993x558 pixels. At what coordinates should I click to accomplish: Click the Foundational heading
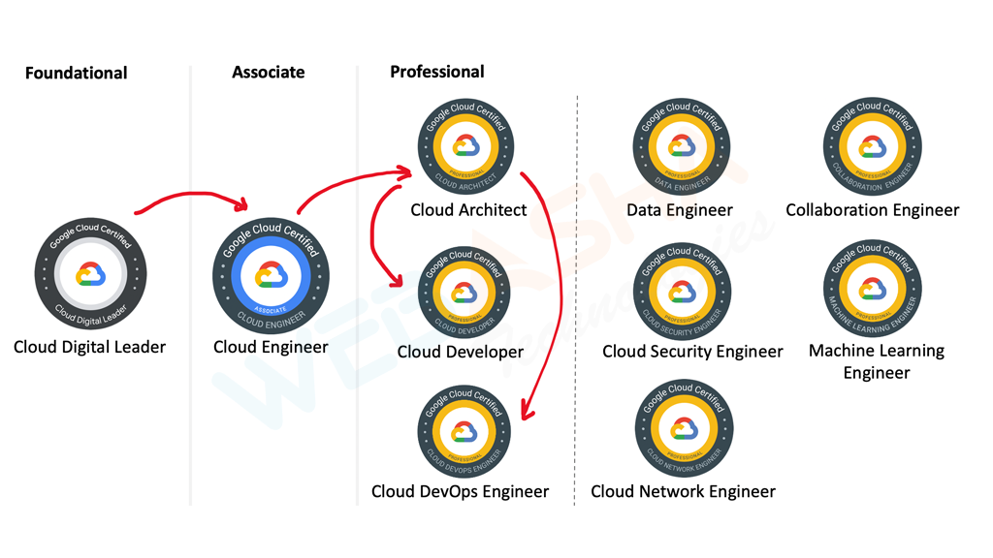pyautogui.click(x=77, y=73)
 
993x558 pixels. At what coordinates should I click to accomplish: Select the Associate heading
pyautogui.click(x=269, y=72)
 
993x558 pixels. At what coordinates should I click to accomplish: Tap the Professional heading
pyautogui.click(x=437, y=71)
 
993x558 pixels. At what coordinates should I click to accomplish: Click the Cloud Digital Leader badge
pyautogui.click(x=90, y=275)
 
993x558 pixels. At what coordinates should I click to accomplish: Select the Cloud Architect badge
pyautogui.click(x=466, y=146)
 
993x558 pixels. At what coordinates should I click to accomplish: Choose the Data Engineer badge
pyautogui.click(x=682, y=146)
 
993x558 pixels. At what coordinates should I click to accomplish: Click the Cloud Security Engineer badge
pyautogui.click(x=682, y=292)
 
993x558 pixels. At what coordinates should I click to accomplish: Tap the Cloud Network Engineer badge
pyautogui.click(x=683, y=429)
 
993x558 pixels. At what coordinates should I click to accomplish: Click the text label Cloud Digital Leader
pyautogui.click(x=89, y=347)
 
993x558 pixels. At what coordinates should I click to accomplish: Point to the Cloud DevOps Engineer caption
pyautogui.click(x=460, y=491)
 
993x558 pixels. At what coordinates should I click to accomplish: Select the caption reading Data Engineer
pyautogui.click(x=680, y=209)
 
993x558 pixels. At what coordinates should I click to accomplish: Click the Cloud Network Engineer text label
pyautogui.click(x=683, y=491)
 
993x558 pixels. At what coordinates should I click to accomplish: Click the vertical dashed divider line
pyautogui.click(x=577, y=291)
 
